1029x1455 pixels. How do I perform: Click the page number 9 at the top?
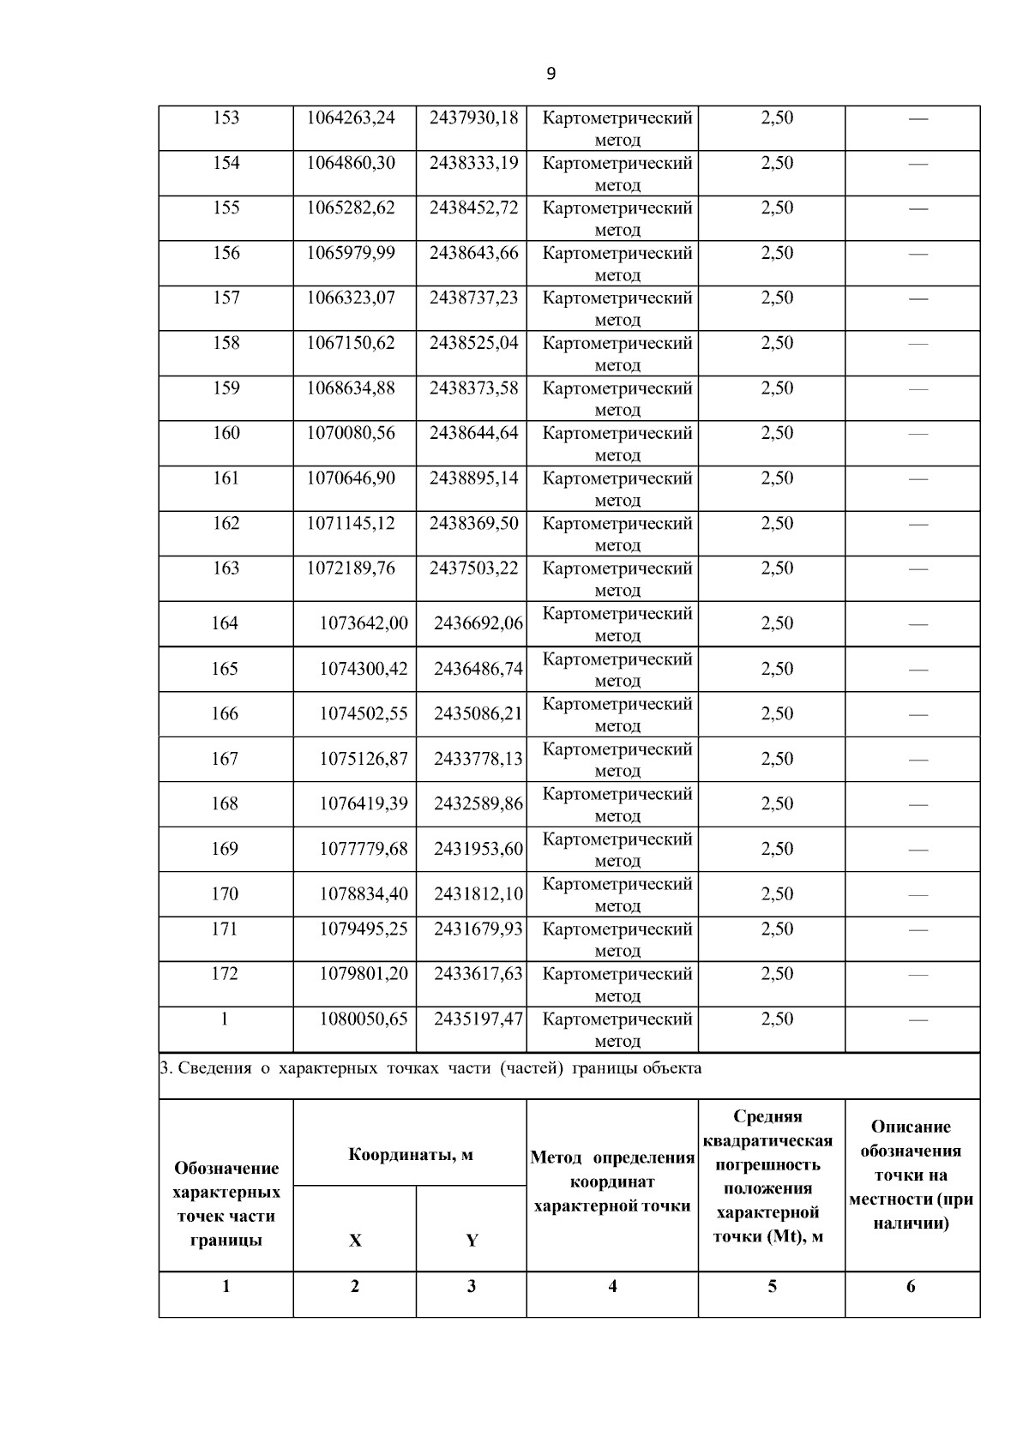551,74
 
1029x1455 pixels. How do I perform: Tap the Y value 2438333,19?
473,163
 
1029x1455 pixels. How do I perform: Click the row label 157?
226,298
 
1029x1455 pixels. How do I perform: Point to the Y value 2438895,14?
473,478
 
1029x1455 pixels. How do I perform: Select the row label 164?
225,623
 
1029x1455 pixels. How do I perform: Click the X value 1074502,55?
364,713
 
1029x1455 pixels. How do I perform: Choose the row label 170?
225,893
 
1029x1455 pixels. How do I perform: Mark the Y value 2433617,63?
478,974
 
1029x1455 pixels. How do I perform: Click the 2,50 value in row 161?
777,478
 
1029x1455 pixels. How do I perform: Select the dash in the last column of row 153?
918,118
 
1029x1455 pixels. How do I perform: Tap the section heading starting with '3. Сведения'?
431,1068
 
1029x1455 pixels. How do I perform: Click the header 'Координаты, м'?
410,1154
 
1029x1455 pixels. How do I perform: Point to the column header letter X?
355,1241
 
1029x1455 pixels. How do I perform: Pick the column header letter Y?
472,1241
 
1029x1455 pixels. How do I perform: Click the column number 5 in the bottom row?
772,1286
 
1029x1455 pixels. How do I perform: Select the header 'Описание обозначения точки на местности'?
911,1175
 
